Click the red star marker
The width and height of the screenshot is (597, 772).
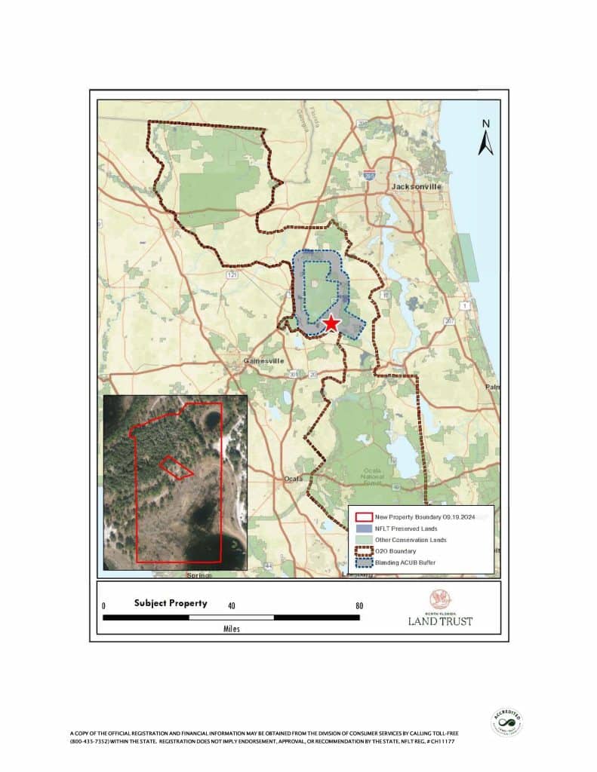click(x=331, y=324)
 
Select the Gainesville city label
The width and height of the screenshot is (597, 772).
click(x=263, y=361)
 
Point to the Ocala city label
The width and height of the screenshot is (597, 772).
click(x=293, y=479)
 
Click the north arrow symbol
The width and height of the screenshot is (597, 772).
click(x=486, y=139)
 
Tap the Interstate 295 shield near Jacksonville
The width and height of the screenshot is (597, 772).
click(x=369, y=174)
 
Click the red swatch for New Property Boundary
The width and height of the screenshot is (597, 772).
click(x=364, y=517)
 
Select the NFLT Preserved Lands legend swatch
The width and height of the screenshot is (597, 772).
click(x=364, y=528)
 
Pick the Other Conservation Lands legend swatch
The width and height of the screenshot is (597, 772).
click(x=364, y=540)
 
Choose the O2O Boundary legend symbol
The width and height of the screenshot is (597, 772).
click(x=364, y=551)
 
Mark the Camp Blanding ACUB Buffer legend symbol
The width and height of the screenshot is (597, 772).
click(x=364, y=562)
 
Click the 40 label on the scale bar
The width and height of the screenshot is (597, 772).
click(x=232, y=605)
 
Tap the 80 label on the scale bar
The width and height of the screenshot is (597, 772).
click(x=359, y=605)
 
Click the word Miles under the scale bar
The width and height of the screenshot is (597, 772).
click(x=232, y=629)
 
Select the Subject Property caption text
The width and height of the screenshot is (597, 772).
click(x=171, y=603)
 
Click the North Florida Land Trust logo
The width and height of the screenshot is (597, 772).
click(x=441, y=608)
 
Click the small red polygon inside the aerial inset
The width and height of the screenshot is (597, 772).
click(x=176, y=467)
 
